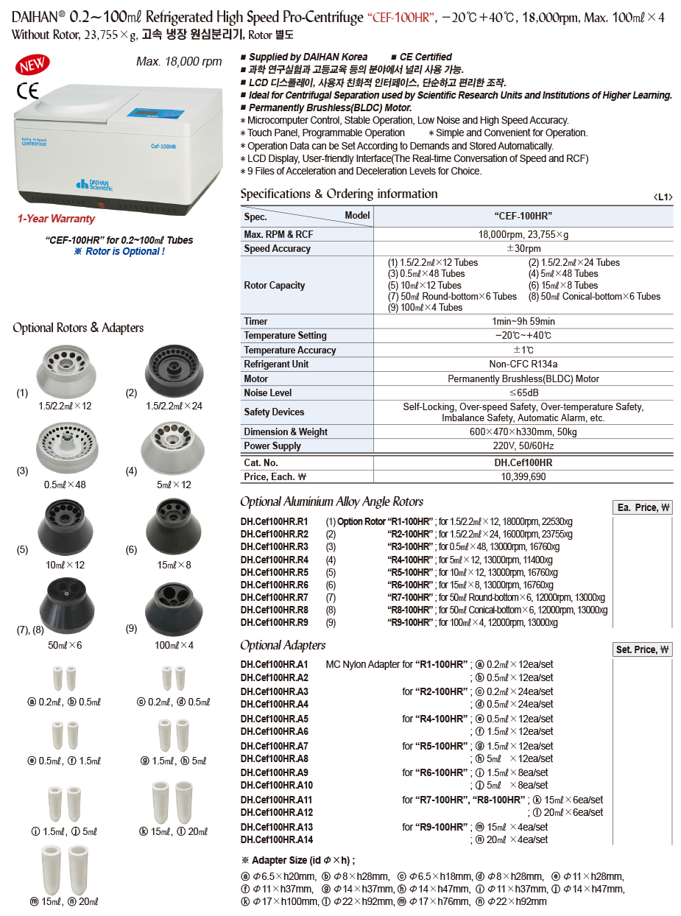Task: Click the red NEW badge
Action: click(32, 66)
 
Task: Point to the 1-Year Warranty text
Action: click(56, 219)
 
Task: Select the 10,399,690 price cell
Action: click(523, 477)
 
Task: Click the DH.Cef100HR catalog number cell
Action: click(523, 463)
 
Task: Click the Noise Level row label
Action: click(268, 393)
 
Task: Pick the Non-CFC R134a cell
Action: click(523, 364)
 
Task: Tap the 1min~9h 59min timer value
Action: click(523, 322)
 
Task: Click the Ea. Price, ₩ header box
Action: click(642, 508)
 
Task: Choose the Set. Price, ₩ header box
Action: click(642, 649)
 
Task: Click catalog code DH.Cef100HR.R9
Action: click(274, 622)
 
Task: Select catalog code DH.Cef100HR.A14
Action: click(276, 840)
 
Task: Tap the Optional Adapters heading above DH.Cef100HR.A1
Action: click(283, 646)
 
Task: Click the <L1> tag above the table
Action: click(663, 197)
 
